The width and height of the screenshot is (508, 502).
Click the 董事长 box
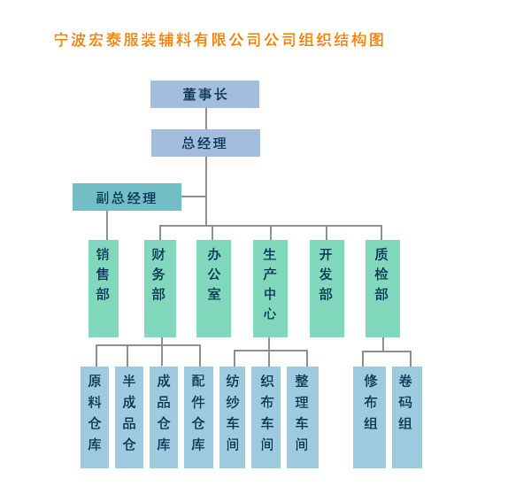click(204, 95)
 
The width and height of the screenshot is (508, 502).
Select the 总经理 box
click(205, 143)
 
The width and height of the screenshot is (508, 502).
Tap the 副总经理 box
click(127, 197)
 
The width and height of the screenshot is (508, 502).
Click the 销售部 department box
click(104, 289)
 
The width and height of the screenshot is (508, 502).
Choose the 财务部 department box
click(160, 289)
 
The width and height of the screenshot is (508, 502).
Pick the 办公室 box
click(214, 289)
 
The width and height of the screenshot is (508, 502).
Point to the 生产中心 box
click(270, 289)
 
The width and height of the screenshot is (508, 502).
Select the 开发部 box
click(327, 289)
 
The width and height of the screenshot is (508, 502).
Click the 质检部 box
click(382, 289)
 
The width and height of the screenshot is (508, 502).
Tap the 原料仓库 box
click(95, 417)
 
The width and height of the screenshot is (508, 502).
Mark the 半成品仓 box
click(129, 417)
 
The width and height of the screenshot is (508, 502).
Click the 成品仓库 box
click(164, 417)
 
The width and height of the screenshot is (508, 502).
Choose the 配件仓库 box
click(198, 417)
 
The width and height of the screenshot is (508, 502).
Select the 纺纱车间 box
click(232, 417)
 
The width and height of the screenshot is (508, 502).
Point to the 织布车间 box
click(266, 417)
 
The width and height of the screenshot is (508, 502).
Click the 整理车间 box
click(303, 417)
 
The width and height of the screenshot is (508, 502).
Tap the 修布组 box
click(369, 417)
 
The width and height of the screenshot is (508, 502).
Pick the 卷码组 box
click(407, 417)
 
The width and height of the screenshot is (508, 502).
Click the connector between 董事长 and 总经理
click(206, 119)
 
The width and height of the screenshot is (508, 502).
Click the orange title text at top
click(219, 40)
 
